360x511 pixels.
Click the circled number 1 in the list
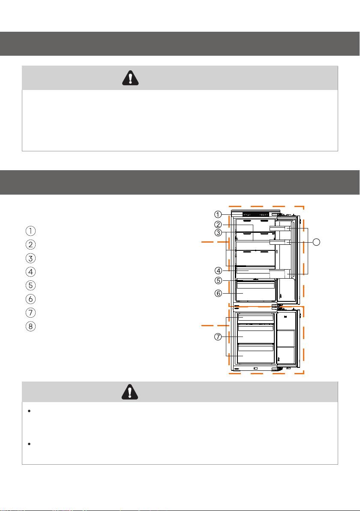point(30,231)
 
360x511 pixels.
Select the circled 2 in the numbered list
point(30,245)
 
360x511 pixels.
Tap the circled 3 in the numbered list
point(30,259)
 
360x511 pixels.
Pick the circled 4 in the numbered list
point(30,272)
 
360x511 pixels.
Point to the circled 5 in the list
point(30,286)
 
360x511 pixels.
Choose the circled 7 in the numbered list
point(30,313)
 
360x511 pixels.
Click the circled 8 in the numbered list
point(30,326)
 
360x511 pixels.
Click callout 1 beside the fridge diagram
point(218,214)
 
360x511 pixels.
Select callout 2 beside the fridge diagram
point(218,225)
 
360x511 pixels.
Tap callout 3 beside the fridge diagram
point(218,233)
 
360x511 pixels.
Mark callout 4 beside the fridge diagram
point(218,271)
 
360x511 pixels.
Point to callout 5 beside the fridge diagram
point(218,280)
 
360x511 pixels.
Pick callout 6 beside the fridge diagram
point(218,293)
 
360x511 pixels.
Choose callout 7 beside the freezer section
point(218,337)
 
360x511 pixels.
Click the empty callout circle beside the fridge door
point(316,242)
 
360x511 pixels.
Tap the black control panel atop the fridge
point(256,215)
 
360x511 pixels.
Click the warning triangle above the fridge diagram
point(130,78)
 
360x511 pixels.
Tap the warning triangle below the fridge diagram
point(130,392)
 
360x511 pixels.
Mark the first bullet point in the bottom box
point(29,411)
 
